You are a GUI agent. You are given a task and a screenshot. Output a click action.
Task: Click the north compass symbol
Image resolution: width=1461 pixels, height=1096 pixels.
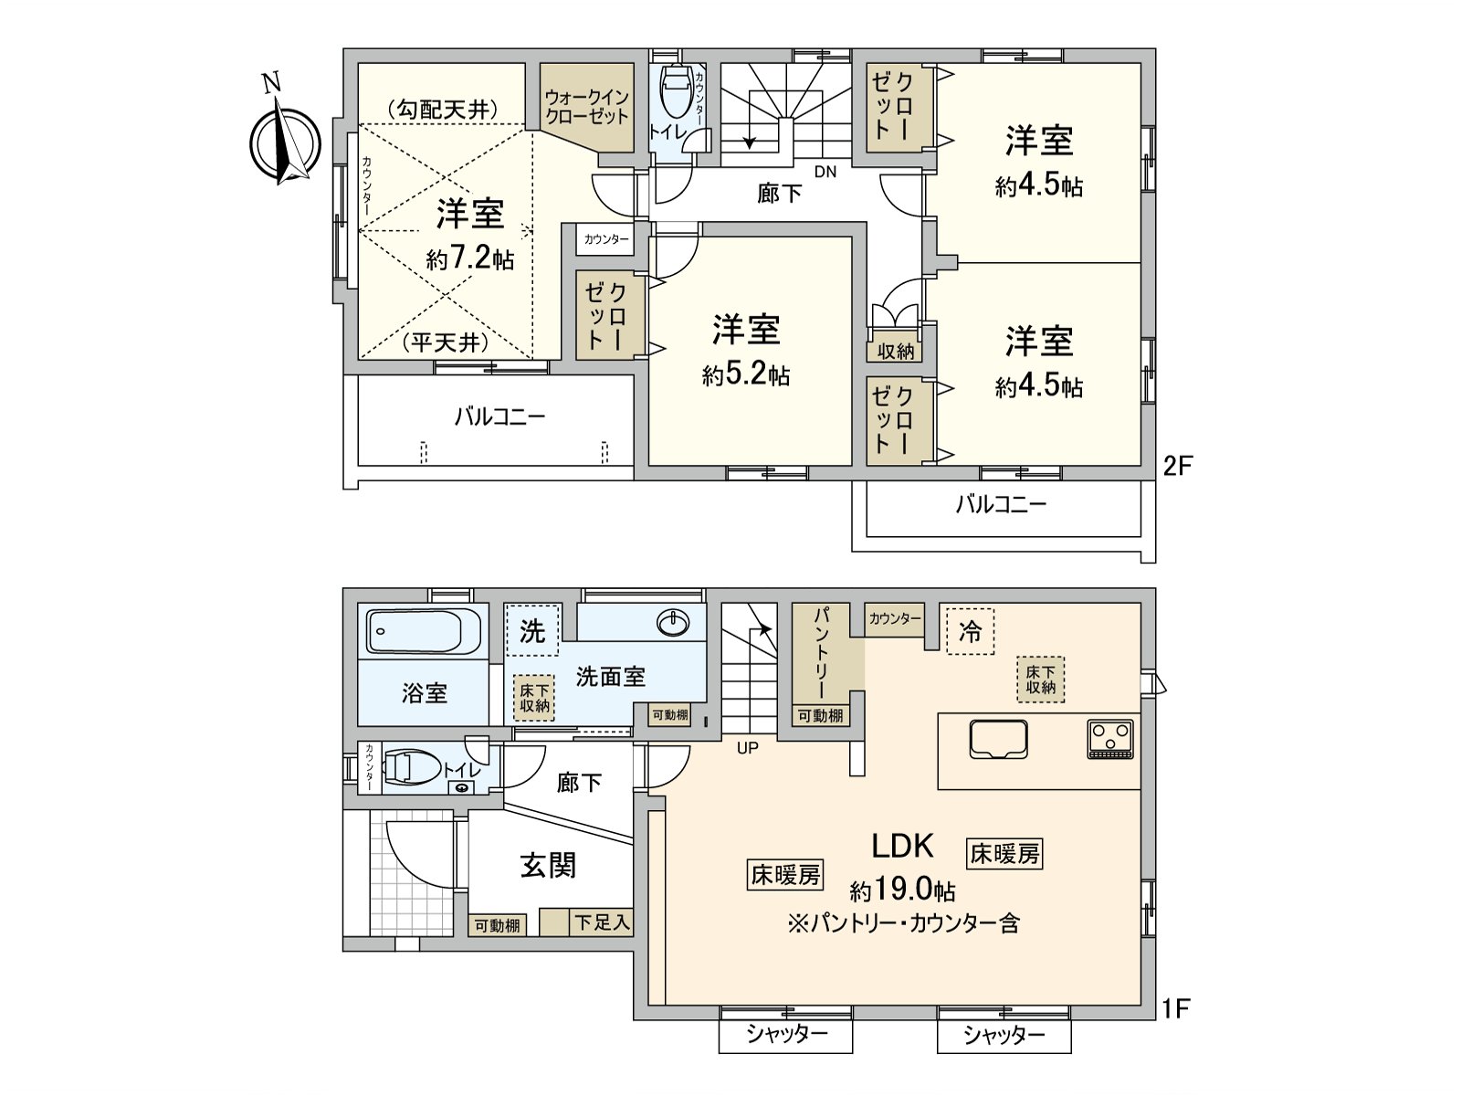point(286,144)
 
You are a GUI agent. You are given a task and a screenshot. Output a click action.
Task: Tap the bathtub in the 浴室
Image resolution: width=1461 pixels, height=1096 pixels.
point(424,632)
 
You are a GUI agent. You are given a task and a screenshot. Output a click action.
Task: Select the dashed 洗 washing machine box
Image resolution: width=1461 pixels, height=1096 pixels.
point(531,630)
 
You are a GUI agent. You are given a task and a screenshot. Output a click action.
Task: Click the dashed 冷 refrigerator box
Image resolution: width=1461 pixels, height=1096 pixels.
point(970,631)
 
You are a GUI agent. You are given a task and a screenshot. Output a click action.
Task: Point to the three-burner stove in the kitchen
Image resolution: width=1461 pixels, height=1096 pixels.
point(1110,739)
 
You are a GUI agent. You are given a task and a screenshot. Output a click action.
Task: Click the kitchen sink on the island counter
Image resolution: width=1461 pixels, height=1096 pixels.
point(999,738)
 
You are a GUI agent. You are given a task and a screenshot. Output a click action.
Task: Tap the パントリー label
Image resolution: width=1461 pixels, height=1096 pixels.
point(819,654)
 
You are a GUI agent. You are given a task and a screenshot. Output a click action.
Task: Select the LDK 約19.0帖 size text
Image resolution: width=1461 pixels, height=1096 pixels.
point(903,890)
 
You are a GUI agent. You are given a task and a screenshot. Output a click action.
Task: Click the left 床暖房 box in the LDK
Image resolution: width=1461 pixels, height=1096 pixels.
point(785,874)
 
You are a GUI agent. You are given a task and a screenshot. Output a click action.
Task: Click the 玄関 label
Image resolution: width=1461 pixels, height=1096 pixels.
point(548,864)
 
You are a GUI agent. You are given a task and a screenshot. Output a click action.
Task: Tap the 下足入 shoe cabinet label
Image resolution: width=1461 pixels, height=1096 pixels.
point(601,923)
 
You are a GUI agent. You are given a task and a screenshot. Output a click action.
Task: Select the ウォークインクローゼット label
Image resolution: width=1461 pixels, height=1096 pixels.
point(586,107)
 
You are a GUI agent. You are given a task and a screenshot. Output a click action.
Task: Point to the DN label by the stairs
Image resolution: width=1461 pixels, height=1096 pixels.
point(825,172)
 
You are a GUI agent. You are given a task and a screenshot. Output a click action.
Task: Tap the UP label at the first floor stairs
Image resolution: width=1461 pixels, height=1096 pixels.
point(748,748)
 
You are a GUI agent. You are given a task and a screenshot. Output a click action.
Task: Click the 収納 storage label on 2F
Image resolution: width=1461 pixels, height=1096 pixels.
point(895,351)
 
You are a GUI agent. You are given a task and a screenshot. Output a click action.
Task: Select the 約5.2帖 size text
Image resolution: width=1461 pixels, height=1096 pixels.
point(746,375)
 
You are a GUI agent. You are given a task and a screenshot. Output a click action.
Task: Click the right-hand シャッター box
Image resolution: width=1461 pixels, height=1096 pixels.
point(1004,1035)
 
